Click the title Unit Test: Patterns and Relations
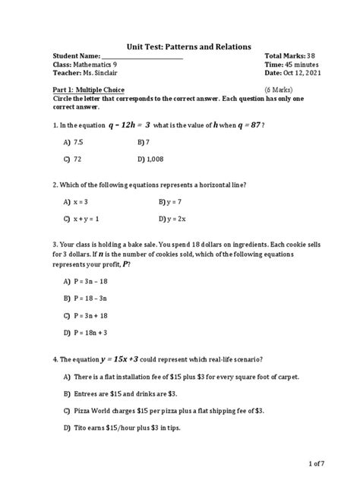179,47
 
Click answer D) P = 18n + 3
91,332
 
